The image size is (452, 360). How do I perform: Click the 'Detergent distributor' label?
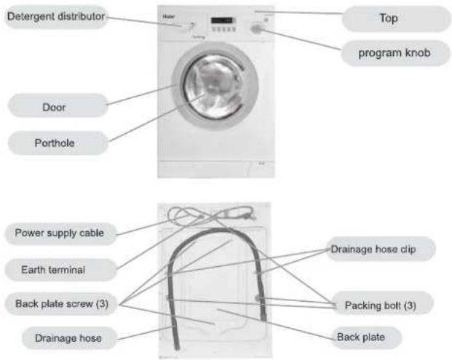[56, 17]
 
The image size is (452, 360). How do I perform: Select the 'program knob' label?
[395, 53]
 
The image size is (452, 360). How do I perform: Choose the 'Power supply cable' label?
[60, 233]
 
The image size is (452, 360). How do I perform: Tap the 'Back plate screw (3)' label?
[61, 303]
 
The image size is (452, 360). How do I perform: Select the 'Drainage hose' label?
[69, 338]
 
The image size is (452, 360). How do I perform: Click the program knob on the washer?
[255, 29]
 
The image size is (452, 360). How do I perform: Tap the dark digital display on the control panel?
[223, 20]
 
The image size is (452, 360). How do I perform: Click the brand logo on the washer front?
[169, 17]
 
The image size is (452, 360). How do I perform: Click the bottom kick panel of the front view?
[216, 169]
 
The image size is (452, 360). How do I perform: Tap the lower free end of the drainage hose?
[177, 348]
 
